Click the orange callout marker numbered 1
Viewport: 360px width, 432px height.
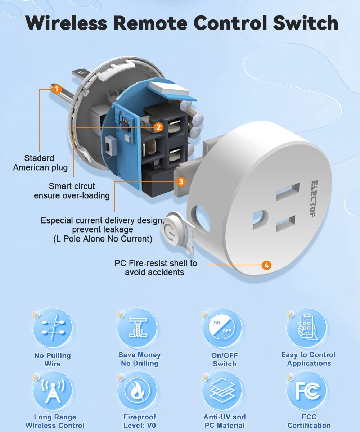57,88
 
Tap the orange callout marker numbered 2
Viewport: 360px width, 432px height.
159,127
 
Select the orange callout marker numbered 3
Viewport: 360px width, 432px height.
181,182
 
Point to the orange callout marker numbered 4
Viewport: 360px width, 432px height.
266,266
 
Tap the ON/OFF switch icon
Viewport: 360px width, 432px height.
222,328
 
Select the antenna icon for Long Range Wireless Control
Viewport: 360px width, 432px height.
53,391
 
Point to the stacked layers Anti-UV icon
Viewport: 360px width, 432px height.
222,391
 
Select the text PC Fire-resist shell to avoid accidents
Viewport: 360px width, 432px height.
156,268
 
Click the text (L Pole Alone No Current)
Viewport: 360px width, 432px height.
103,239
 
